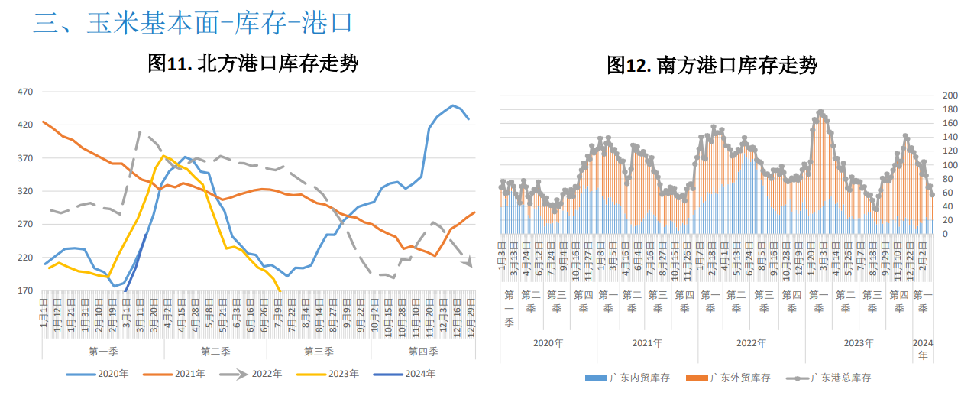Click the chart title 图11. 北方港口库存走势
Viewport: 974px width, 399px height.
pos(253,63)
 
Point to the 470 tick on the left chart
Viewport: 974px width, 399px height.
pos(25,92)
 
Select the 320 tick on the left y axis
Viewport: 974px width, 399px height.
pos(25,191)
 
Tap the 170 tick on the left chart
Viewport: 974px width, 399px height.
pos(25,290)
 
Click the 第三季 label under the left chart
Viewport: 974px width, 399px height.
pos(319,352)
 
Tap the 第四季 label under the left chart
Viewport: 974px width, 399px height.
pos(422,352)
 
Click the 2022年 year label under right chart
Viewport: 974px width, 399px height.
pos(751,343)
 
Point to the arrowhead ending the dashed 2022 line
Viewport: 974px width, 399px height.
pos(468,264)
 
